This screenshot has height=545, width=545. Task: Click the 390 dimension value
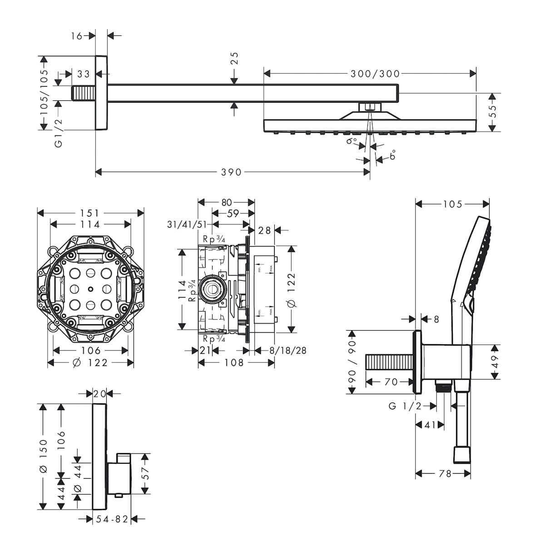click(x=232, y=172)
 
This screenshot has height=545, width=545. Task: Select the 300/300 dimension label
click(x=375, y=74)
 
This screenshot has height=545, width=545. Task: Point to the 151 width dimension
click(x=90, y=213)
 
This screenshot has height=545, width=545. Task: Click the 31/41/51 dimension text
click(x=187, y=224)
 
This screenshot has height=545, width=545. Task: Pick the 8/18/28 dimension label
click(x=288, y=351)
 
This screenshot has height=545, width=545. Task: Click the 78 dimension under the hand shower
click(x=446, y=474)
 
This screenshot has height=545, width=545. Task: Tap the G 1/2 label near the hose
click(x=405, y=406)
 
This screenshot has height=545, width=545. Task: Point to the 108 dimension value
click(x=234, y=362)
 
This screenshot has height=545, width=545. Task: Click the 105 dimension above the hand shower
click(x=452, y=204)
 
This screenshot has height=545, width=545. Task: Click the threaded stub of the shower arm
click(x=84, y=93)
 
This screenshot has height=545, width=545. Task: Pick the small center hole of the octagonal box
click(x=91, y=289)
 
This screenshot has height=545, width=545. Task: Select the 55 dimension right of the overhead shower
click(x=493, y=112)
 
